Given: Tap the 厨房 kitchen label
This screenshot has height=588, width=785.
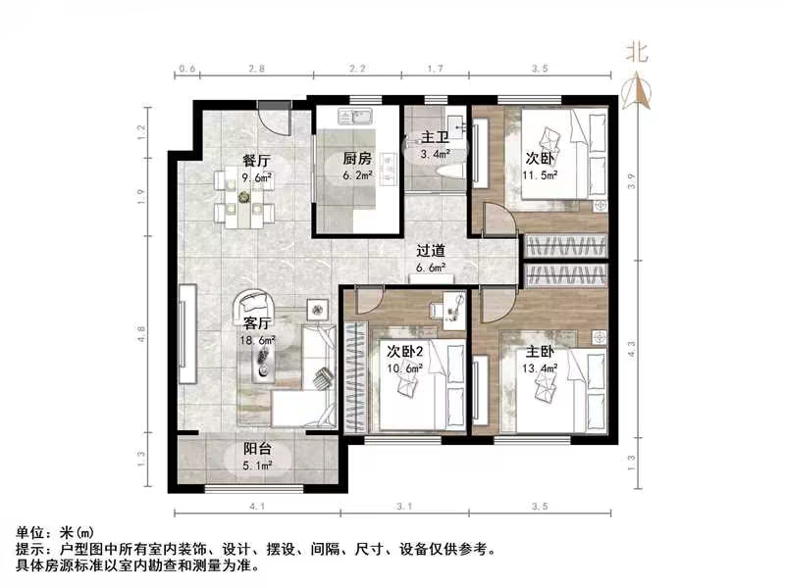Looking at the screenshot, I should tap(357, 159).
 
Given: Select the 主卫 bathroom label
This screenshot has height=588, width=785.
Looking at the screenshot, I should tap(435, 138).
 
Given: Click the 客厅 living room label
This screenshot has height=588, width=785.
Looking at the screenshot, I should tap(258, 323).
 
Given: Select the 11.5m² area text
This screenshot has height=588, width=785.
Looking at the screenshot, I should tap(540, 176).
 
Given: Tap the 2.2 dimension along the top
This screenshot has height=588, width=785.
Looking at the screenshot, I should tap(357, 70).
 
